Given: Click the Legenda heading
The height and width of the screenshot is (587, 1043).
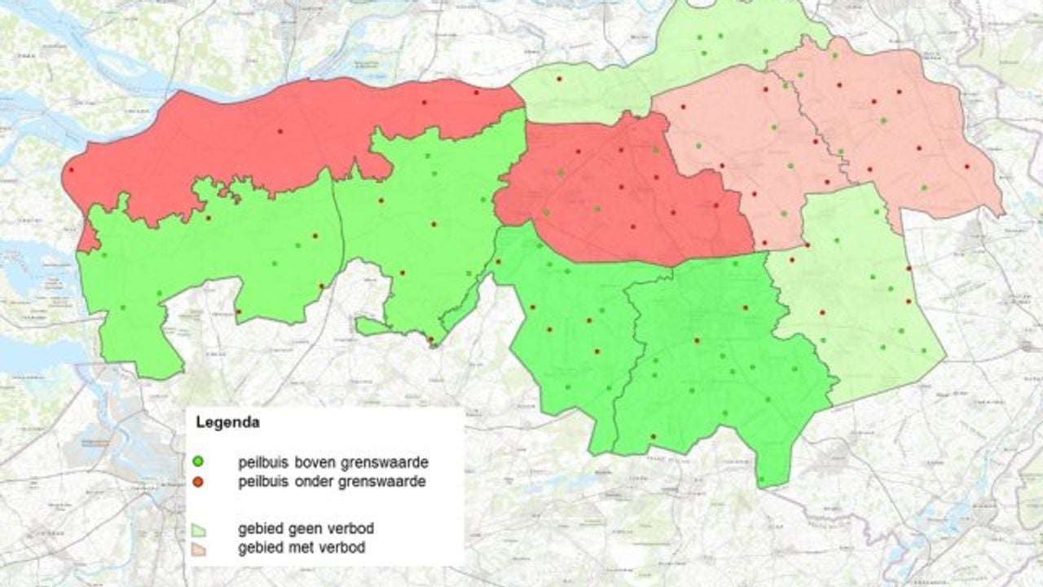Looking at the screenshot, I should pyautogui.click(x=228, y=423).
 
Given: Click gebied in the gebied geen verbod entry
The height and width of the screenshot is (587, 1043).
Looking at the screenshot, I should pyautogui.click(x=258, y=529).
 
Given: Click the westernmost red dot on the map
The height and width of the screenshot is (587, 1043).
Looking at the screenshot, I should pyautogui.click(x=71, y=170).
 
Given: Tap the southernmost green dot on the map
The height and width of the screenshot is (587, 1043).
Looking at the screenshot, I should pyautogui.click(x=761, y=479).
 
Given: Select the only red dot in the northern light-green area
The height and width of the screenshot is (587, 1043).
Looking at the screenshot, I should pyautogui.click(x=560, y=78).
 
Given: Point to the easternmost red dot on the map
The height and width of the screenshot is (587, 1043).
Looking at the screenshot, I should pyautogui.click(x=967, y=166).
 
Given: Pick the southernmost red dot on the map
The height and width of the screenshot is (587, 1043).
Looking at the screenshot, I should pyautogui.click(x=653, y=437).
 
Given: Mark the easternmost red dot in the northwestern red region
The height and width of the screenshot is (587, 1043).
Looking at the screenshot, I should pyautogui.click(x=477, y=92).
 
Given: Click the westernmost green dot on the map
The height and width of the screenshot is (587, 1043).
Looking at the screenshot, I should pyautogui.click(x=103, y=255).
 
